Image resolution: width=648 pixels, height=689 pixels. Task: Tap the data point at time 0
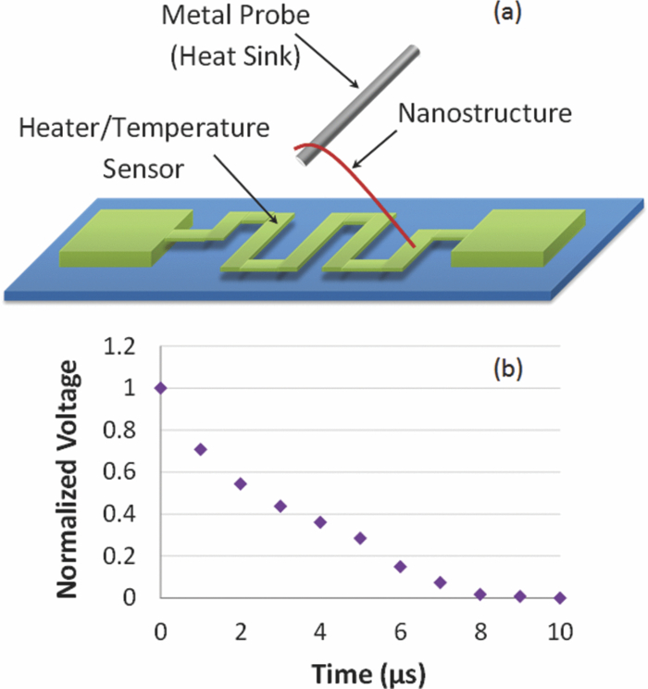coord(161,388)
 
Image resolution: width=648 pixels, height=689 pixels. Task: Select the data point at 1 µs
coord(201,449)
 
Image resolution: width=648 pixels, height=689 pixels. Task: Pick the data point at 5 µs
coord(360,538)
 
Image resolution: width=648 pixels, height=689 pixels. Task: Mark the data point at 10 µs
coord(559,598)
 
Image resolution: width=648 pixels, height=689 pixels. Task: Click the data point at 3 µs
coord(280,506)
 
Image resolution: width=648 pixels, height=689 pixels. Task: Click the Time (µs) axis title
coord(360,670)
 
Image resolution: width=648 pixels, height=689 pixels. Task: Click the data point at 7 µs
coord(440,583)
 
